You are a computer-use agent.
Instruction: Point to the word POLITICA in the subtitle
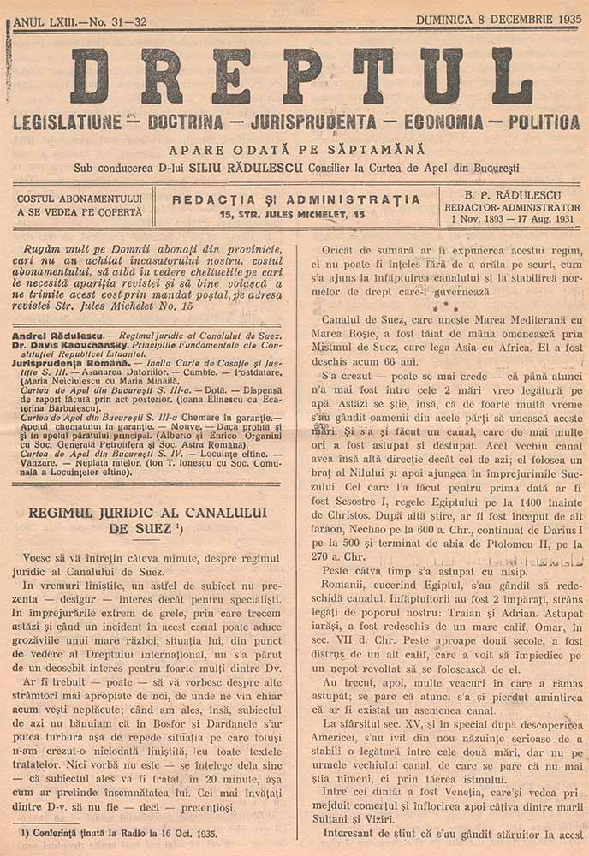(544, 122)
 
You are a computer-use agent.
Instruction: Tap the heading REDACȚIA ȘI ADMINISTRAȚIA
(296, 199)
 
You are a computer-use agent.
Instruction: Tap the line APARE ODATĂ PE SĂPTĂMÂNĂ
(295, 149)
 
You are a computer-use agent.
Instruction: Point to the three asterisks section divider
(438, 304)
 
